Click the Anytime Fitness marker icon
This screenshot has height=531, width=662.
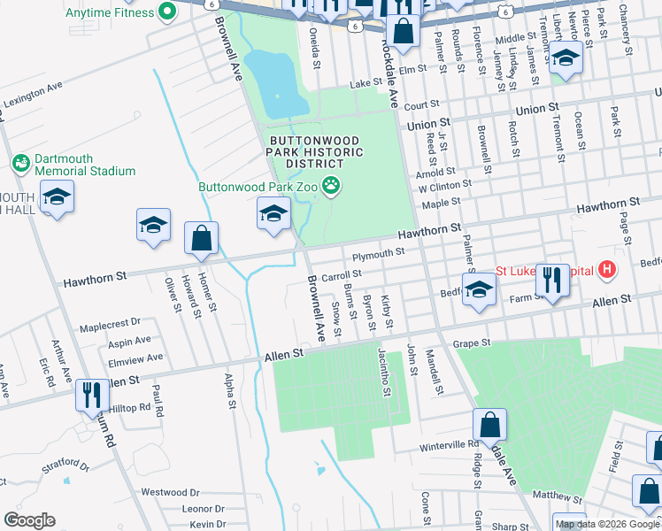coord(165,12)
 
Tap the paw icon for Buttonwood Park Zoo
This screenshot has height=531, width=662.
coord(331,185)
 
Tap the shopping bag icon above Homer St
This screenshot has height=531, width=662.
coord(202,237)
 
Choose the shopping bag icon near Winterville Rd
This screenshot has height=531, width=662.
coord(489,425)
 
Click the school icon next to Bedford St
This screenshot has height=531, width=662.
coord(479,289)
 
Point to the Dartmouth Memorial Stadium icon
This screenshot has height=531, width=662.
coord(20,164)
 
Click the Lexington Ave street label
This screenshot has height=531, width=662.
coord(33,95)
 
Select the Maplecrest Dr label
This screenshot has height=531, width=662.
coord(110,324)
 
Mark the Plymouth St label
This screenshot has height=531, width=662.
coord(378,254)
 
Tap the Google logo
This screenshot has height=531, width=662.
coord(29,520)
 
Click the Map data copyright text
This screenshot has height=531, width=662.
coord(607,524)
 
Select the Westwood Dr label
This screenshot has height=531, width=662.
coord(171,492)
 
